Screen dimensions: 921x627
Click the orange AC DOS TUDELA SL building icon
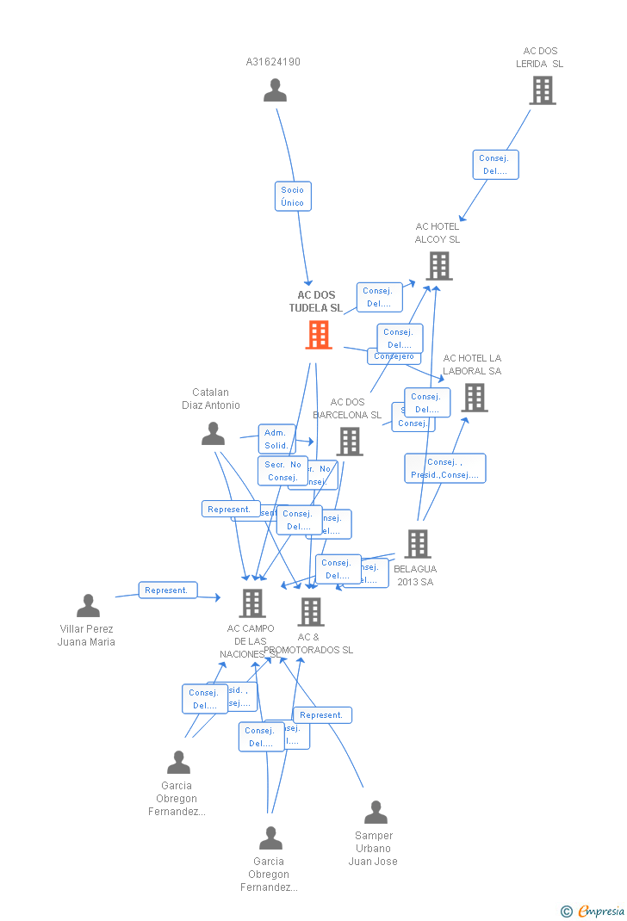pos(319,335)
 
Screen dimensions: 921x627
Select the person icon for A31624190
pos(275,90)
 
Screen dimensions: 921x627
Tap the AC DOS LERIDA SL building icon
pos(542,90)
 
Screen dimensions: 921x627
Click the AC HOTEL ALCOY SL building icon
pos(438,266)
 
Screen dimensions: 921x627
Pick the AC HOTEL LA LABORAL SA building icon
pos(474,398)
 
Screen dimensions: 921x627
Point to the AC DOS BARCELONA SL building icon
pos(349,442)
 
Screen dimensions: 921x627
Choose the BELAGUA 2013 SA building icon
pos(418,544)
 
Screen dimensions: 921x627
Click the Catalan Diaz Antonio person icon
pos(213,434)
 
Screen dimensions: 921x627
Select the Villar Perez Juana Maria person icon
pos(88,606)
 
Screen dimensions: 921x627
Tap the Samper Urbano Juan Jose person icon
pos(376,813)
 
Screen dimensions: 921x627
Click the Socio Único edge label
pos(293,196)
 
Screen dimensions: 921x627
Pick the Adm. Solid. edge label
pos(276,439)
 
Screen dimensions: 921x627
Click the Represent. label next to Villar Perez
pos(168,590)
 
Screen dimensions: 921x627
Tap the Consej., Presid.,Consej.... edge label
pos(445,468)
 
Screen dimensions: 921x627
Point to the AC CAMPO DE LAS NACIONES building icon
pos(251,603)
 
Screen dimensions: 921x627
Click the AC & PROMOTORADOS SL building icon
pos(310,612)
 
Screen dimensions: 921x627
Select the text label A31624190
pos(273,62)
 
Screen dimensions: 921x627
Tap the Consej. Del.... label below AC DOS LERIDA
pos(495,164)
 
